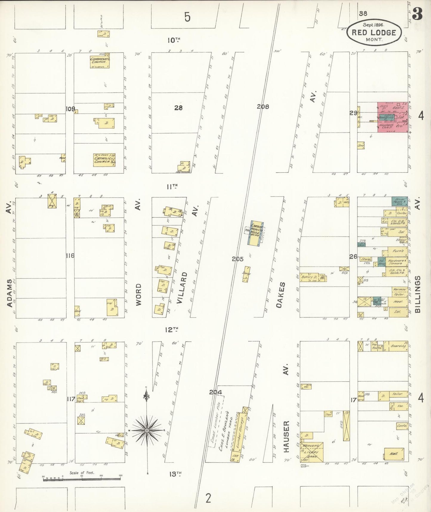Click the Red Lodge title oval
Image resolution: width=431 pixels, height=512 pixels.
374,32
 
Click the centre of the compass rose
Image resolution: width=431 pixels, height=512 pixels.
147,430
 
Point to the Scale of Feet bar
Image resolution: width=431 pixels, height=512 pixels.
82,479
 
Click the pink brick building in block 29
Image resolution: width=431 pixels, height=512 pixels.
393,117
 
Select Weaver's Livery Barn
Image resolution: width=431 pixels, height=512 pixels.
311,452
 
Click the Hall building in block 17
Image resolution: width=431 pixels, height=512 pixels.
394,454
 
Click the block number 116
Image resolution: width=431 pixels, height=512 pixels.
70,255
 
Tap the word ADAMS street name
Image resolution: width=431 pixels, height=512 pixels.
10,293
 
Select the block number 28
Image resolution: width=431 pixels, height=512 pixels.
178,108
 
